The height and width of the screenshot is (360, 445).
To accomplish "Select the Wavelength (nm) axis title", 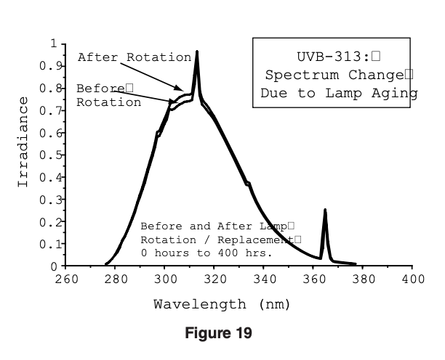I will (222, 304).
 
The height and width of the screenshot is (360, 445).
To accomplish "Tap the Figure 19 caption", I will (222, 335).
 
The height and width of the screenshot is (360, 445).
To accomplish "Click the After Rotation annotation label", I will (135, 57).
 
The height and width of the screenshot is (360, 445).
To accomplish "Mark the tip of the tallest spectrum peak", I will (196, 52).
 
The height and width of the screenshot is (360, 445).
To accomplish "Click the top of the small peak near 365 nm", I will (325, 210).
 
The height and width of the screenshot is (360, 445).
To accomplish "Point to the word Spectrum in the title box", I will (297, 75).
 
